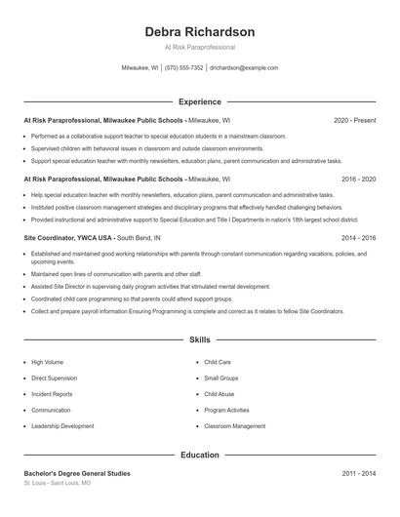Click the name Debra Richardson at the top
pos(200,31)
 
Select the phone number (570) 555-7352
pos(184,68)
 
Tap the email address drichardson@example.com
pos(244,68)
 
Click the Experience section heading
pos(200,101)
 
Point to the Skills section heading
pos(200,340)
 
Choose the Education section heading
pos(200,455)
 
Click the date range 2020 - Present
pos(354,120)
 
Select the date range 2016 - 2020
pos(358,179)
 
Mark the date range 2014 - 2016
pos(358,237)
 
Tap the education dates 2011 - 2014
pos(358,473)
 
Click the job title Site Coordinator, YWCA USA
pos(68,237)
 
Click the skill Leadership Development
pos(62,426)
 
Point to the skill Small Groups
pos(222,378)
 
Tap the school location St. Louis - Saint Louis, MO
pos(58,483)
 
